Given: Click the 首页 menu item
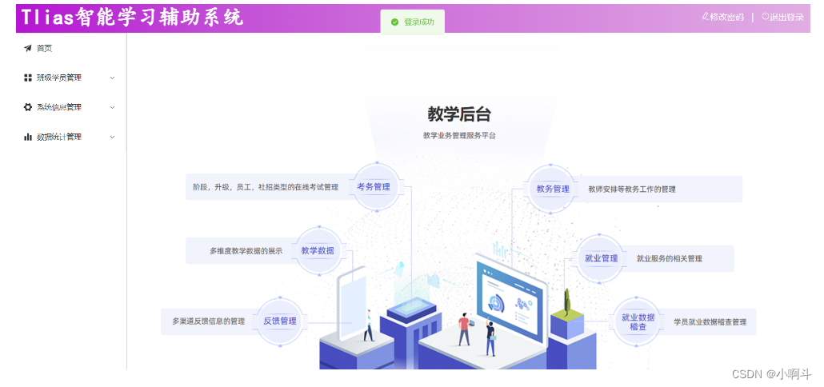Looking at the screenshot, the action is [x=44, y=49].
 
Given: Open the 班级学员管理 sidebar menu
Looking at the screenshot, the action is [x=58, y=78].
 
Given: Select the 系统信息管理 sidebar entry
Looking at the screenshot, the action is [x=58, y=107].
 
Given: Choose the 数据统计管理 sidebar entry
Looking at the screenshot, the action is [x=58, y=137].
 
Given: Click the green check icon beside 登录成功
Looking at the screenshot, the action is [x=394, y=22].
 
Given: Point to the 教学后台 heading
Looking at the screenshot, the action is [x=459, y=114].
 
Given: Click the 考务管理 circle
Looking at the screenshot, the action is [x=374, y=187].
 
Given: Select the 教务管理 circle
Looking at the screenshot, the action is [x=553, y=189].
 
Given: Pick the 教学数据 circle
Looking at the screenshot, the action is [x=318, y=250].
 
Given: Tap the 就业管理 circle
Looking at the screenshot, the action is [x=602, y=258].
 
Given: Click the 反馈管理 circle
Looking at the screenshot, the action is [x=280, y=321].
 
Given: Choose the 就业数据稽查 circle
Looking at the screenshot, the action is [x=638, y=321].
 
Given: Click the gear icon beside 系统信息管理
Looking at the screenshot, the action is [x=28, y=107].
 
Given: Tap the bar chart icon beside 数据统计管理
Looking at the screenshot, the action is [x=28, y=137].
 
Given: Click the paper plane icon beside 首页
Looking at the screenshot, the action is [x=28, y=49].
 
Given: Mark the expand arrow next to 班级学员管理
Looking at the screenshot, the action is [x=112, y=78].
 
